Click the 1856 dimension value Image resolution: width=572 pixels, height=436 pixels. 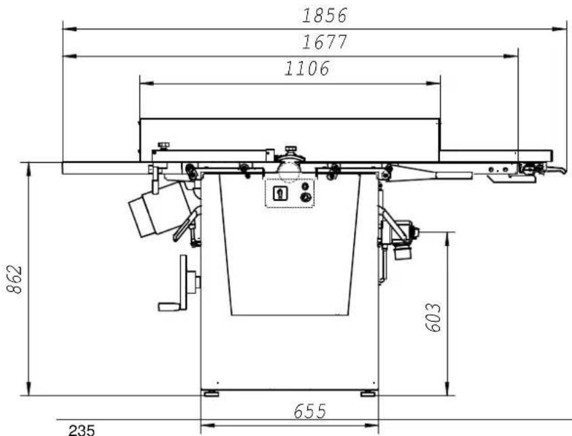tap(324, 16)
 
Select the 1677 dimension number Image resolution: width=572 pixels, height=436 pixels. tap(324, 41)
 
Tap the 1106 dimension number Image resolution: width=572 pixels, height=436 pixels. tap(307, 68)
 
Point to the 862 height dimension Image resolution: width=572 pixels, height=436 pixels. tap(15, 279)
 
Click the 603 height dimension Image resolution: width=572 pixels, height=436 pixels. tap(433, 317)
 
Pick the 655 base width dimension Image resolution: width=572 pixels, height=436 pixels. tap(310, 412)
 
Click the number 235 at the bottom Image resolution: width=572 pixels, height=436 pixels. tap(82, 430)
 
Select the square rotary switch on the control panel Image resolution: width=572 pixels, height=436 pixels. tap(280, 193)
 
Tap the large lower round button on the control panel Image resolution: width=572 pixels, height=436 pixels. tap(306, 198)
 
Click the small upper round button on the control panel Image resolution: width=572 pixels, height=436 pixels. tap(305, 186)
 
